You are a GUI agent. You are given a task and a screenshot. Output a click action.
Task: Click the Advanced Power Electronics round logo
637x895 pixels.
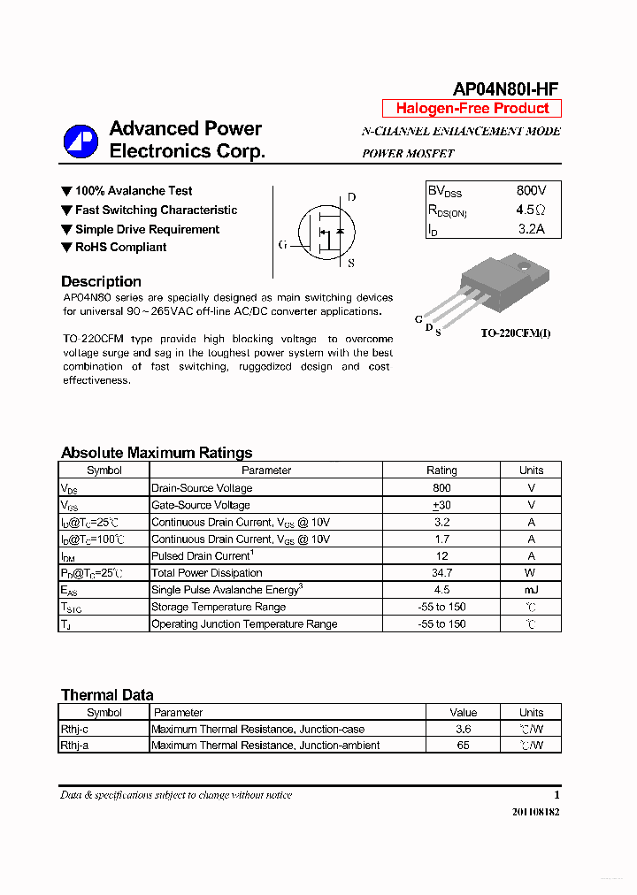tap(81, 142)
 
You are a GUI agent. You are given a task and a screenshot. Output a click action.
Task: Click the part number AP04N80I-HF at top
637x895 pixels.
tap(505, 89)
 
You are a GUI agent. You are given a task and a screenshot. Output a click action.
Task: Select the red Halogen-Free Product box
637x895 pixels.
tap(472, 109)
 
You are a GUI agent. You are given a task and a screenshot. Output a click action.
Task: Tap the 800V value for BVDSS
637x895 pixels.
tap(531, 191)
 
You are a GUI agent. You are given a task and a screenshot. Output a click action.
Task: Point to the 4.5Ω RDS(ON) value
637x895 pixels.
tap(531, 210)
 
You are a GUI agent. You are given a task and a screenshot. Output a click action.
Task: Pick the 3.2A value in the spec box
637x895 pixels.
tap(531, 230)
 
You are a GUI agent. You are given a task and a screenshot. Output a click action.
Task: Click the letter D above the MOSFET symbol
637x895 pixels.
tap(351, 197)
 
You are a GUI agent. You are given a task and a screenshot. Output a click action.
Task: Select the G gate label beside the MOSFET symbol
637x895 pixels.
tap(282, 245)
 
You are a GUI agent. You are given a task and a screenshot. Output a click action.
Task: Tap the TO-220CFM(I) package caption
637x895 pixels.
tap(515, 333)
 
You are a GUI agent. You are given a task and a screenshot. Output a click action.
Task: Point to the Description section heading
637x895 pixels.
tap(101, 282)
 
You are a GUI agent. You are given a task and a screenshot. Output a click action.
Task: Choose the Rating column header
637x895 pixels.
tap(441, 470)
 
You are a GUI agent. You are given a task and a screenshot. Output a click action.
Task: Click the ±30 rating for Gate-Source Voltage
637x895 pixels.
tap(441, 505)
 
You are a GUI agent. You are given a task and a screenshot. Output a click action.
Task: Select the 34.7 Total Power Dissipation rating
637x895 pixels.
tap(441, 573)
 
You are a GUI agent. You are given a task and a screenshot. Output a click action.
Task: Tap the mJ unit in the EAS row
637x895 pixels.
tap(531, 590)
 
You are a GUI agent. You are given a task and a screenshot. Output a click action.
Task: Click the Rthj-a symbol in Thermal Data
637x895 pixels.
tap(74, 746)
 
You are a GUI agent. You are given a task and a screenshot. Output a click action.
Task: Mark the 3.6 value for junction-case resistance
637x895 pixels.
tap(463, 730)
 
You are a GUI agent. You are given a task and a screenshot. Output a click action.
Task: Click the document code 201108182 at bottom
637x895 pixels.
tap(535, 812)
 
